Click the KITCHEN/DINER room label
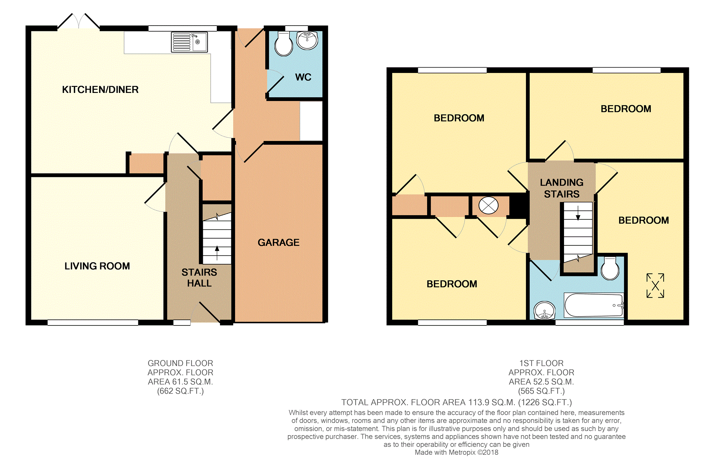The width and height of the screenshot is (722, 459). coord(100,90)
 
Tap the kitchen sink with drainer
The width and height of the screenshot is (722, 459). coord(189,42)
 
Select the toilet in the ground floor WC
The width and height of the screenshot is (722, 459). coord(284,44)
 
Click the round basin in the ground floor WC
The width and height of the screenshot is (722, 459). coord(307,41)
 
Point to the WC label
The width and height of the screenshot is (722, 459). coord(303,77)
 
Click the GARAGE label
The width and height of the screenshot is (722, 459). coord(278,242)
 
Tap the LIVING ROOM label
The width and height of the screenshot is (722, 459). coord(97,266)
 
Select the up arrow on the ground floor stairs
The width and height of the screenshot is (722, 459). coord(217,253)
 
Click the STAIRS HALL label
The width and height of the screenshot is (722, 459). coord(199,278)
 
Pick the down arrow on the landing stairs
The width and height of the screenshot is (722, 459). coord(578,213)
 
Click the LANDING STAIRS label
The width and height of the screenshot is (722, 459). coord(562,188)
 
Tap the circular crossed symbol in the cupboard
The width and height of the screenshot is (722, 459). coord(488,205)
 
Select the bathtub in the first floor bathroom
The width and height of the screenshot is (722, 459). coord(594,305)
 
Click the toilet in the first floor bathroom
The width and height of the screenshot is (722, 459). coord(610,268)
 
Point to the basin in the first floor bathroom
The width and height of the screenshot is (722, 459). coord(544,311)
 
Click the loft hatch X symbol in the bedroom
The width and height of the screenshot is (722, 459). coord(655,286)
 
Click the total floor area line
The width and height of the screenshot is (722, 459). coord(457,402)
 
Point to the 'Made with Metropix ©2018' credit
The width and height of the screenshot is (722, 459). coord(456,453)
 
